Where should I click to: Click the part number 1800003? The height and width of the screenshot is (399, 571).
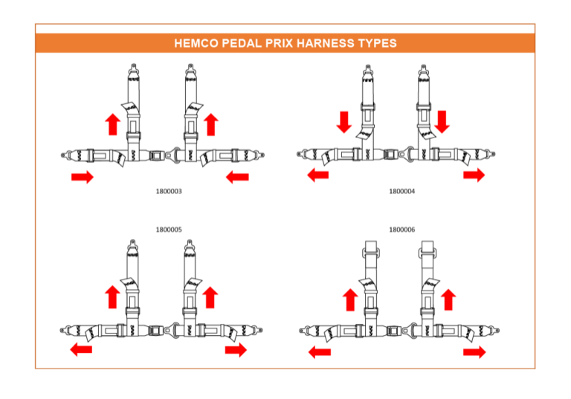(x=169, y=192)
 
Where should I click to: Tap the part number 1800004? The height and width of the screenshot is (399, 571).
(x=401, y=192)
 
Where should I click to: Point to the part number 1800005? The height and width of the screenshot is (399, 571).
(x=169, y=230)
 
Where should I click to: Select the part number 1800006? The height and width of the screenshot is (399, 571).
(x=401, y=230)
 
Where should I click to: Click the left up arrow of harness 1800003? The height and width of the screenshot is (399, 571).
(x=113, y=124)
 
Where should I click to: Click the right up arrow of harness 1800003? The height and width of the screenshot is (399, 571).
(x=211, y=124)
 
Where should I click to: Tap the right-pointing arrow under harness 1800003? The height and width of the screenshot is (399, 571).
(x=83, y=178)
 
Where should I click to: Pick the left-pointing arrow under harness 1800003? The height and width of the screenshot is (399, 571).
(x=237, y=178)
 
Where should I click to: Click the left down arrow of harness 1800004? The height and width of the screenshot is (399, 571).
(x=343, y=122)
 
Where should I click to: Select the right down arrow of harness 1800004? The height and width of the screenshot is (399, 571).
(x=442, y=122)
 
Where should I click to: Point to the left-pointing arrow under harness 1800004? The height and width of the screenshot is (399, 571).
(x=318, y=175)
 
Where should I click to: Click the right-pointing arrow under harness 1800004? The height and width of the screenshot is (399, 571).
(x=474, y=175)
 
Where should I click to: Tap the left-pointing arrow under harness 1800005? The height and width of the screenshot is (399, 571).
(x=81, y=350)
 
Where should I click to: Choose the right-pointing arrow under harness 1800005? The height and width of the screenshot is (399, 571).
(x=236, y=350)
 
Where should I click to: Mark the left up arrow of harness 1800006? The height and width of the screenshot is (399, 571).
(x=350, y=299)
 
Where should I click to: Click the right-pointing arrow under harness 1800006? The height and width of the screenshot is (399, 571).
(x=474, y=352)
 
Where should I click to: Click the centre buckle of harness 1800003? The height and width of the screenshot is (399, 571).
(x=157, y=155)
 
